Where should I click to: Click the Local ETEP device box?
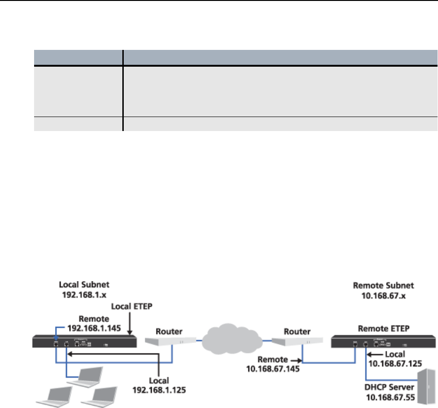pos(85,341)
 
